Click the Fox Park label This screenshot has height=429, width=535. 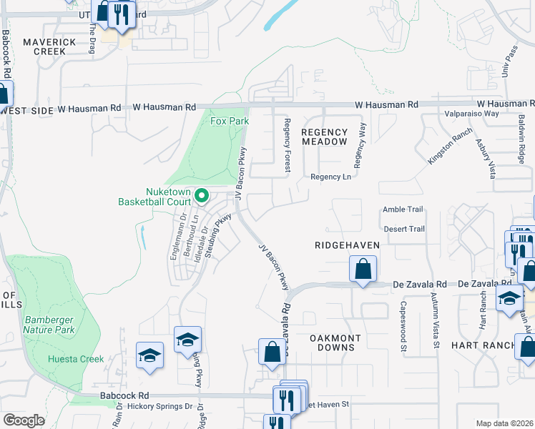pyautogui.click(x=230, y=121)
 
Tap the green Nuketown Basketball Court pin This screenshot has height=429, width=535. pyautogui.click(x=202, y=194)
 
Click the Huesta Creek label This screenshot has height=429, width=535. pyautogui.click(x=76, y=359)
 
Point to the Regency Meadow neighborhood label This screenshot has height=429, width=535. pyautogui.click(x=325, y=137)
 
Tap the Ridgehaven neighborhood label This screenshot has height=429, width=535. pyautogui.click(x=346, y=245)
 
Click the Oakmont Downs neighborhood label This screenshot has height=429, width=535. pyautogui.click(x=332, y=342)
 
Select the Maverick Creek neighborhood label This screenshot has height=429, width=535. pyautogui.click(x=49, y=47)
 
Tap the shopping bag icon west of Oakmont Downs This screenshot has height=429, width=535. pyautogui.click(x=272, y=352)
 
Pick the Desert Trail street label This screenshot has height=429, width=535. pyautogui.click(x=404, y=229)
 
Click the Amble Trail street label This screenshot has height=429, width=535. pyautogui.click(x=403, y=209)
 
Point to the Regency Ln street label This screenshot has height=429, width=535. pyautogui.click(x=330, y=177)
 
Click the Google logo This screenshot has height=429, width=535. pyautogui.click(x=24, y=420)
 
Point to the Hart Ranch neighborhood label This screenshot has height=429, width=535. pyautogui.click(x=491, y=345)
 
